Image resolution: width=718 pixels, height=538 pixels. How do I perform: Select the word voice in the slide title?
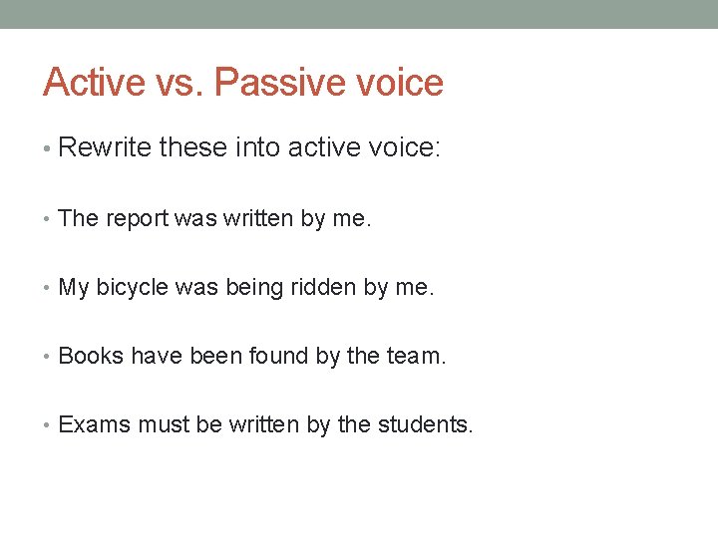(x=399, y=82)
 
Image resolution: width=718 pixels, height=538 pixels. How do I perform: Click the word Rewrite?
(x=105, y=148)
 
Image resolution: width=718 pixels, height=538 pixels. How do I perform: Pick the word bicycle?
(x=132, y=288)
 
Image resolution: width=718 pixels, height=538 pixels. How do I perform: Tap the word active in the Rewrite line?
(x=320, y=148)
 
